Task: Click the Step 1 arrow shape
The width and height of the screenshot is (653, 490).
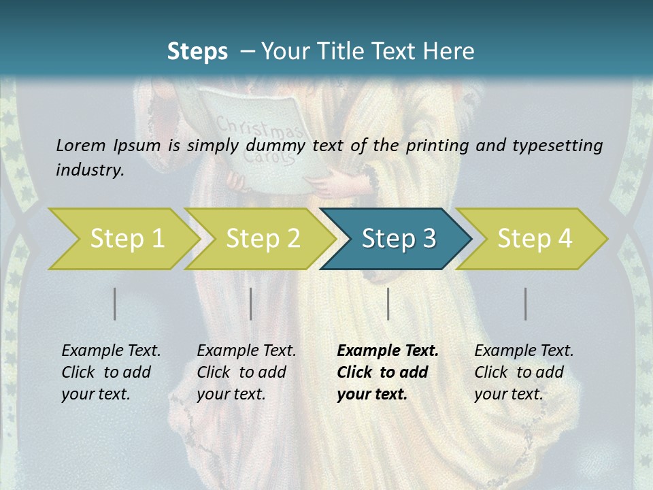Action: [x=122, y=239]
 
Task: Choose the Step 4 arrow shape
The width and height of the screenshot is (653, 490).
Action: [x=534, y=239]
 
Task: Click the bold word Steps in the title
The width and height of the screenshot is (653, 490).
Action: [x=197, y=52]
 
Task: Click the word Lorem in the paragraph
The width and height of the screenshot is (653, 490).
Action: [x=79, y=145]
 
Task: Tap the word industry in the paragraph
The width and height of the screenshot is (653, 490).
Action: [x=90, y=170]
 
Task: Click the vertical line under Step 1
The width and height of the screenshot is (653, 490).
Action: [x=115, y=304]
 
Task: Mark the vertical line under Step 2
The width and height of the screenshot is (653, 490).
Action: [x=251, y=304]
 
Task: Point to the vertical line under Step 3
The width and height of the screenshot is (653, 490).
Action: [x=388, y=304]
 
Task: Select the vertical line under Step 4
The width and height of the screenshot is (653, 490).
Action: [x=526, y=304]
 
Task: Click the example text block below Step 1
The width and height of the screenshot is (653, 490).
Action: [x=111, y=372]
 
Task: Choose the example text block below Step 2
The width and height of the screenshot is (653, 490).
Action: [x=246, y=372]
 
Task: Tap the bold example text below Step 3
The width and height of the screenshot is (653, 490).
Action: [x=387, y=372]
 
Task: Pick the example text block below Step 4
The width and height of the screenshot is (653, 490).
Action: [x=524, y=372]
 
